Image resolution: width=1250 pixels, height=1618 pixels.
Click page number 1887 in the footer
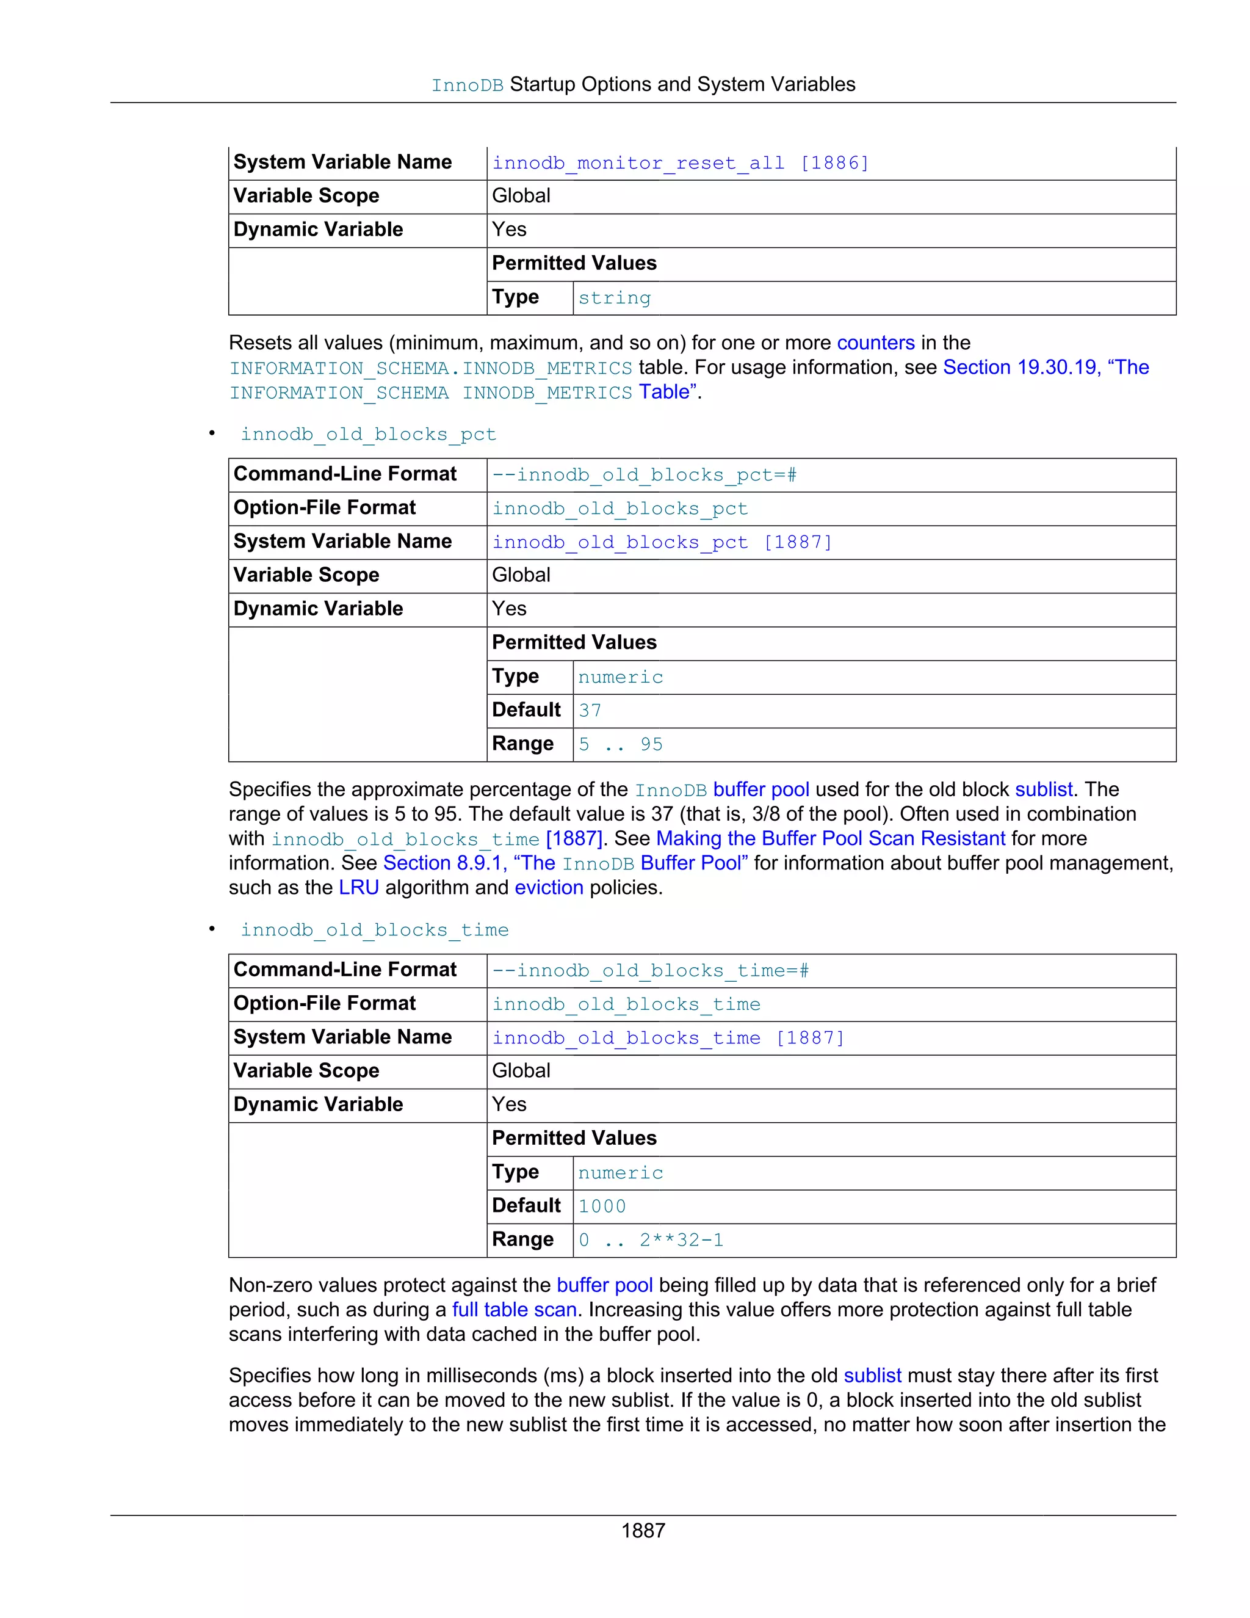pos(643,1531)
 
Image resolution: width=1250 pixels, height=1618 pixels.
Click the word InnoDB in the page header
pos(468,86)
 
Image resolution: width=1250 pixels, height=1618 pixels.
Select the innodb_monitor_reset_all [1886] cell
pos(680,163)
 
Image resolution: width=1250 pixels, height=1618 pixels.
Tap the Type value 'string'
pos(614,298)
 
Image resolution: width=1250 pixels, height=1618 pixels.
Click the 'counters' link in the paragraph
pos(875,343)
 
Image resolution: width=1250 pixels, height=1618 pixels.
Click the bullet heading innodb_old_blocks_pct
pos(368,434)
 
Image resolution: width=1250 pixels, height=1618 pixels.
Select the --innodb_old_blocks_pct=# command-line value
pos(645,475)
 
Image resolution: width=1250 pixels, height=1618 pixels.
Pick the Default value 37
pos(590,711)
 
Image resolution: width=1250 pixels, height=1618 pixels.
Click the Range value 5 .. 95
pos(620,744)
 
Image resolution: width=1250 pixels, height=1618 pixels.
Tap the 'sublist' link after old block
pos(1042,789)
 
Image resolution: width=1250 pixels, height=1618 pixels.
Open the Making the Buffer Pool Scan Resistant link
pos(830,839)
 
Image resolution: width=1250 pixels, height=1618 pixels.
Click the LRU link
pos(358,888)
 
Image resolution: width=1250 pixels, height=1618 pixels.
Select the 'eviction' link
pos(549,888)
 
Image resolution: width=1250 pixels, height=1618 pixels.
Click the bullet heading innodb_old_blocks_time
pos(374,930)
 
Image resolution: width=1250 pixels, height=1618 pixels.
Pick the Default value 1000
pos(601,1206)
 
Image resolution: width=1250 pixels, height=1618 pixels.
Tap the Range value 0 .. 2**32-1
pos(650,1240)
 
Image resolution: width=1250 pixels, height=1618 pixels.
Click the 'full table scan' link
pos(514,1310)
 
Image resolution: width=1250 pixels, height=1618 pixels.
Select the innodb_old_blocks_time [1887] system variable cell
pos(668,1038)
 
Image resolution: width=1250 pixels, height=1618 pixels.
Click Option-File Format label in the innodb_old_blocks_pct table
pos(324,508)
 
